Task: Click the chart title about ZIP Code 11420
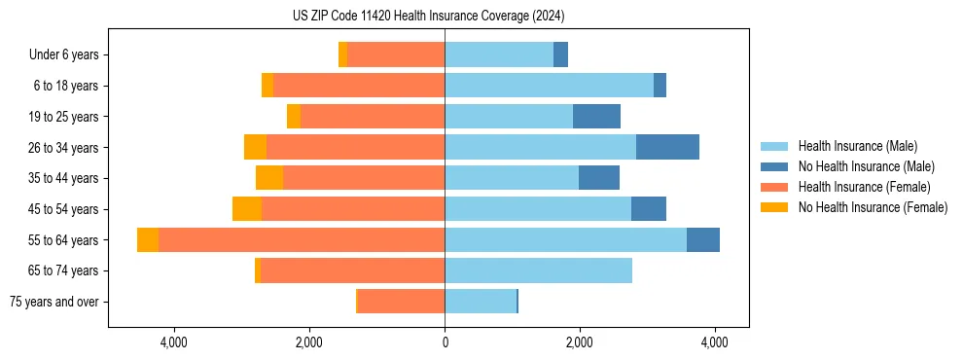tap(428, 17)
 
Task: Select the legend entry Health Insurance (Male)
tap(857, 147)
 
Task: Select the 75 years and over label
tap(54, 302)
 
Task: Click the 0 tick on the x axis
tap(445, 343)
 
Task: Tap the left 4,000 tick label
tap(174, 343)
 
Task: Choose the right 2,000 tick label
tap(579, 343)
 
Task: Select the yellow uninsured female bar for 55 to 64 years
tap(148, 240)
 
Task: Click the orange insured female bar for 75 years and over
tap(401, 302)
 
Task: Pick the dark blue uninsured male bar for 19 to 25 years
tap(596, 117)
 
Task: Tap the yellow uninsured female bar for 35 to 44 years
tap(269, 178)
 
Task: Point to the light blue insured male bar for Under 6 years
tap(499, 55)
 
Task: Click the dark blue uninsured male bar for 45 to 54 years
tap(649, 209)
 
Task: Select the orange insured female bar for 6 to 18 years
tap(359, 86)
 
